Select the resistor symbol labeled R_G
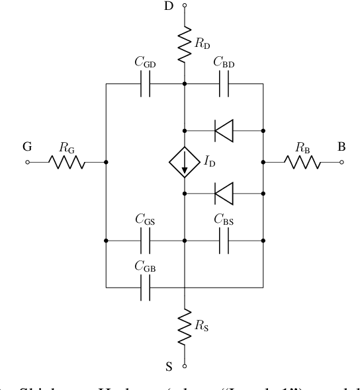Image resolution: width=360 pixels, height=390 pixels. (66, 162)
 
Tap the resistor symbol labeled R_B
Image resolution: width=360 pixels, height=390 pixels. (302, 162)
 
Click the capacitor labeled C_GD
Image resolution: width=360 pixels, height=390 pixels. (146, 84)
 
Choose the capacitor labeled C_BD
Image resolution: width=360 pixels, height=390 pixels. (224, 84)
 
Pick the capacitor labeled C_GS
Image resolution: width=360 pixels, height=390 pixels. (146, 241)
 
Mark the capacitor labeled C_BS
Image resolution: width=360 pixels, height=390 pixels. (224, 241)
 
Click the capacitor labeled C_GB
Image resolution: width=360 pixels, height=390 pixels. (146, 288)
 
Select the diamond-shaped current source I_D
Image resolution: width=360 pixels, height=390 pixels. (185, 162)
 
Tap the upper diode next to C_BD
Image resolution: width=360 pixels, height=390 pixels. (224, 130)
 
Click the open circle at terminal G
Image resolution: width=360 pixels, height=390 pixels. (28, 162)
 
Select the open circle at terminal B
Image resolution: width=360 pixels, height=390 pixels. (341, 162)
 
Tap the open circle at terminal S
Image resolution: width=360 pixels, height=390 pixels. (185, 364)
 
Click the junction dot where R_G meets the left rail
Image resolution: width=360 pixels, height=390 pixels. (107, 162)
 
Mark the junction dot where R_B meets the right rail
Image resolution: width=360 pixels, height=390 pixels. (263, 162)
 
